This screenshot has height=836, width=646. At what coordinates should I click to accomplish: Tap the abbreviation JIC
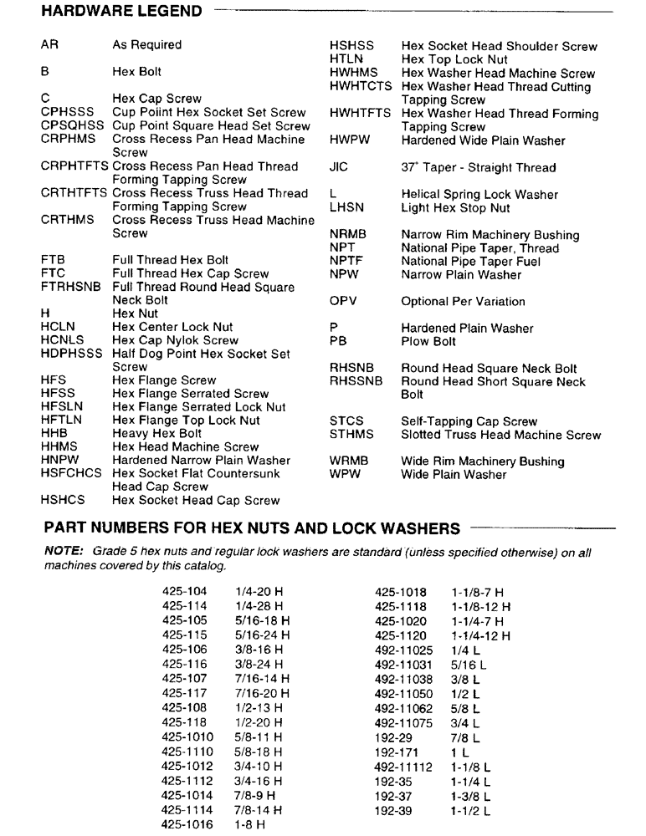click(x=339, y=167)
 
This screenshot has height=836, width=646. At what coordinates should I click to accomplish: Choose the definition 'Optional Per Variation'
click(x=463, y=301)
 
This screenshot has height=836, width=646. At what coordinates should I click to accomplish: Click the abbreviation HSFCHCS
click(x=73, y=473)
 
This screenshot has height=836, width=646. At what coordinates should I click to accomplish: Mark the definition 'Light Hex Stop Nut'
click(x=454, y=207)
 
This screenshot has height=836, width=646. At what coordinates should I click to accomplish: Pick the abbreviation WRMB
click(x=349, y=461)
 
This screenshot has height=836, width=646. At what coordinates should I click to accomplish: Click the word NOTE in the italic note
click(x=61, y=553)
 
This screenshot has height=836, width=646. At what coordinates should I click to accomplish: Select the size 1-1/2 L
click(x=469, y=810)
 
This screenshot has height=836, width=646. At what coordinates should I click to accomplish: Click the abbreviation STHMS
click(x=351, y=435)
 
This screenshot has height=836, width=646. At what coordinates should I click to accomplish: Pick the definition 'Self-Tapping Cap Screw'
click(x=469, y=421)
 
